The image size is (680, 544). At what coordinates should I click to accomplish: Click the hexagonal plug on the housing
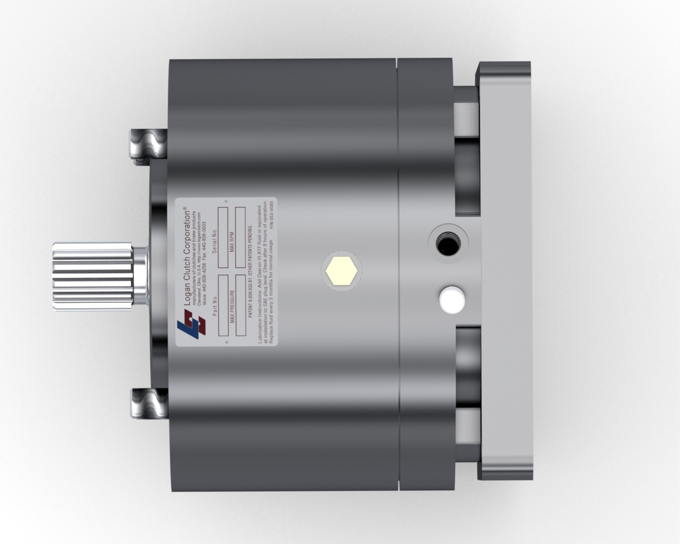[342, 271]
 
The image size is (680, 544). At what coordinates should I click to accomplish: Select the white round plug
[450, 299]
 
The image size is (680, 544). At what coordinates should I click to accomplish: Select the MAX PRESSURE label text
[233, 307]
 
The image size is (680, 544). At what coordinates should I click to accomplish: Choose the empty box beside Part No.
[223, 305]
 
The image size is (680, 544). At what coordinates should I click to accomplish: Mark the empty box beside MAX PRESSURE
[240, 305]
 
